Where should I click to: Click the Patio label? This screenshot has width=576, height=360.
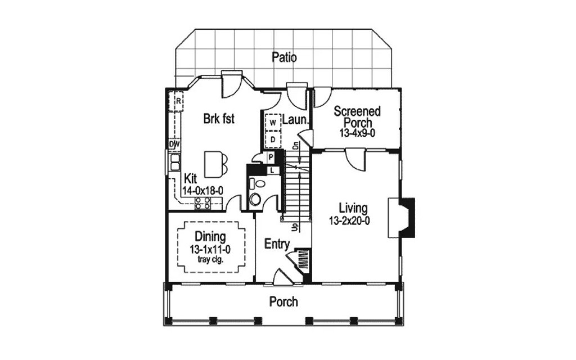pyautogui.click(x=284, y=57)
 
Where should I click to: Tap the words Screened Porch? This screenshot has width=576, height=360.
pyautogui.click(x=357, y=116)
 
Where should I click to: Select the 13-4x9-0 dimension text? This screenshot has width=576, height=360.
pyautogui.click(x=357, y=133)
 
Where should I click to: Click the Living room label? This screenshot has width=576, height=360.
pyautogui.click(x=353, y=208)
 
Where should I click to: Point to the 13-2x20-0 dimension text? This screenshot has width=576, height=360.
pyautogui.click(x=349, y=221)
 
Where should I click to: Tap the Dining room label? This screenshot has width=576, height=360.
pyautogui.click(x=210, y=237)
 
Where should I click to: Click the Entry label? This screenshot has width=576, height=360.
pyautogui.click(x=277, y=244)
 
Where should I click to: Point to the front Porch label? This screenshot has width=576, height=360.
pyautogui.click(x=283, y=302)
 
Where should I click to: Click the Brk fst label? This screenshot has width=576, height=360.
pyautogui.click(x=218, y=119)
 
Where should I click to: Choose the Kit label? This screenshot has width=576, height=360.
pyautogui.click(x=191, y=178)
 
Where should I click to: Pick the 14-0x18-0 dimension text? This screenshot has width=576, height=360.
pyautogui.click(x=203, y=191)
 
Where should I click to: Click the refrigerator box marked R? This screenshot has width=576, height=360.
pyautogui.click(x=177, y=101)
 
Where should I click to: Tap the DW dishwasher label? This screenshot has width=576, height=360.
pyautogui.click(x=174, y=144)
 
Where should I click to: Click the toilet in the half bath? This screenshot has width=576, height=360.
pyautogui.click(x=255, y=198)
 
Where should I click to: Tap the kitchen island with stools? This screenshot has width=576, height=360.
pyautogui.click(x=213, y=164)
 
